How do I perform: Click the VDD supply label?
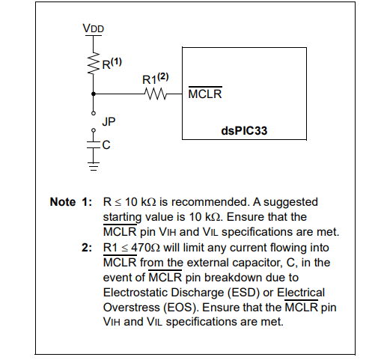pyautogui.click(x=94, y=28)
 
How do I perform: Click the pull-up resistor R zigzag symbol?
pyautogui.click(x=94, y=63)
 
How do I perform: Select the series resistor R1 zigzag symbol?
pyautogui.click(x=156, y=94)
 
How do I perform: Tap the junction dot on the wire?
pyautogui.click(x=94, y=94)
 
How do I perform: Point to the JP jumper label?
pyautogui.click(x=109, y=122)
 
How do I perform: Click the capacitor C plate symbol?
pyautogui.click(x=94, y=145)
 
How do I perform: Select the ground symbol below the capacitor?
pyautogui.click(x=94, y=166)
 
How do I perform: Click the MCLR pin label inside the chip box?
pyautogui.click(x=205, y=93)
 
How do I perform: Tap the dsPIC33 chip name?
pyautogui.click(x=244, y=131)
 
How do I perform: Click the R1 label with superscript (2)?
pyautogui.click(x=155, y=79)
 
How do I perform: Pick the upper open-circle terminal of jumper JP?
pyautogui.click(x=94, y=113)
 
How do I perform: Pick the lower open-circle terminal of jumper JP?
pyautogui.click(x=94, y=130)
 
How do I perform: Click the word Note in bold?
pyautogui.click(x=63, y=202)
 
